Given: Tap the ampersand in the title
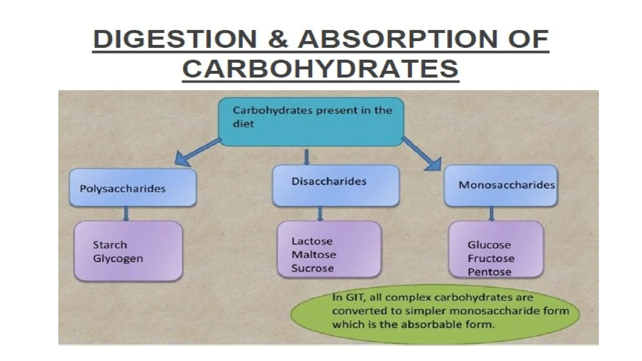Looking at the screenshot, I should (x=278, y=40).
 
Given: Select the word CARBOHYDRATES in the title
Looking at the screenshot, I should (x=320, y=69).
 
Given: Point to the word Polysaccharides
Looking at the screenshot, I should (x=123, y=189).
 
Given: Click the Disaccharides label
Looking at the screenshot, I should (x=329, y=181).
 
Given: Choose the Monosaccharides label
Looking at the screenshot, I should (x=507, y=185).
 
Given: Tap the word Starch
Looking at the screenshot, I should (x=110, y=245).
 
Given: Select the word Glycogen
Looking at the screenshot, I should (x=118, y=259).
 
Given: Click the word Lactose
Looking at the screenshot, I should (x=312, y=241).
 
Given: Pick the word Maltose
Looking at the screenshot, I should (x=314, y=255).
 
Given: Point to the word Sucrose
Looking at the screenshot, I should (x=313, y=268).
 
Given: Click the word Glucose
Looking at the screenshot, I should (x=489, y=245).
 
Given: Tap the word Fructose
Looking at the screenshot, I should (x=491, y=259).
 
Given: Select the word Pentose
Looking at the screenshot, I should (x=489, y=272).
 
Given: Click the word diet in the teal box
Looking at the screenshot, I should (x=243, y=124).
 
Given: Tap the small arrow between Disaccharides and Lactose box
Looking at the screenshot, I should (x=320, y=214).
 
